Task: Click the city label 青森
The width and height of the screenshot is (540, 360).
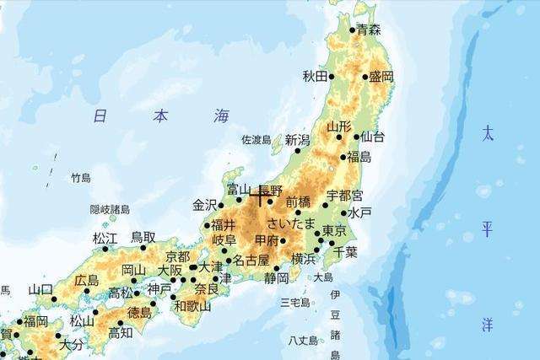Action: (370, 30)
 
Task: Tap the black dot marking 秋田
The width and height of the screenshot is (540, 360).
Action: (332, 77)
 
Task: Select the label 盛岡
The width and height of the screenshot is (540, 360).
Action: (381, 77)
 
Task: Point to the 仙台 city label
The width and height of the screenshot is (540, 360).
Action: (372, 137)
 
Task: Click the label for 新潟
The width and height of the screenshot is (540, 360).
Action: (298, 140)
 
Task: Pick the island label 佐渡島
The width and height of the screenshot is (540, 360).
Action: (256, 139)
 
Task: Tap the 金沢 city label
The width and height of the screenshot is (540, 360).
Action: (205, 205)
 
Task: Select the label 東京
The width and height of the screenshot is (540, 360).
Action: (334, 231)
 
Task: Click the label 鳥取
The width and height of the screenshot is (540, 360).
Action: (143, 238)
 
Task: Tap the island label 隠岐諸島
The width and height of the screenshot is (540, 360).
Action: (110, 209)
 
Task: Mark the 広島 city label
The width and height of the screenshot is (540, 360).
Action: (86, 280)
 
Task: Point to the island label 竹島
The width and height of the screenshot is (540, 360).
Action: (80, 178)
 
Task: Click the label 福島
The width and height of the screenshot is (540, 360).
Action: (359, 157)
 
